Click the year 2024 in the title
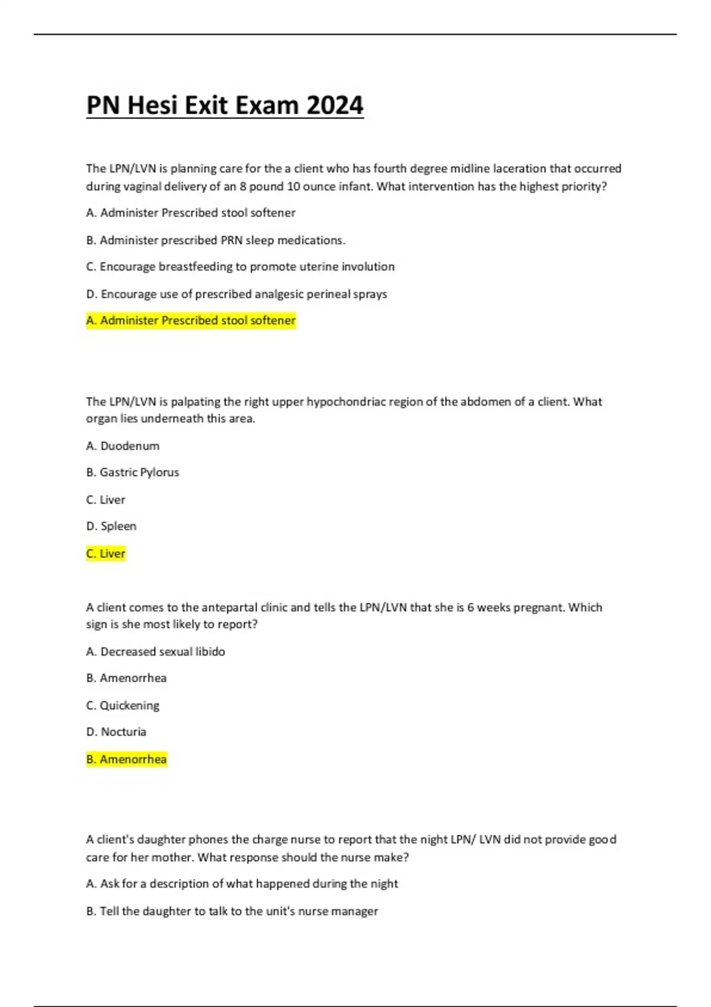(x=335, y=105)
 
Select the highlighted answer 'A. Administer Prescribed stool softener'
(x=191, y=320)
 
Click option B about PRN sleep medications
(x=216, y=240)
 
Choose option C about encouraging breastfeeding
(x=240, y=267)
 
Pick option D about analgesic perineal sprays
(x=236, y=294)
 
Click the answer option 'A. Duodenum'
(x=123, y=445)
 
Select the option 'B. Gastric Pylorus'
(x=133, y=472)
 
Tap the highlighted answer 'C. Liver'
(x=106, y=553)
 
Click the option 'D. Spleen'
(x=111, y=526)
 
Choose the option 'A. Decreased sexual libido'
(x=156, y=652)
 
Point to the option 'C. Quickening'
(x=123, y=705)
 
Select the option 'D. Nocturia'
(x=116, y=732)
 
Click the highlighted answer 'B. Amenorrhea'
(x=127, y=759)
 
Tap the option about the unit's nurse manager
(x=232, y=911)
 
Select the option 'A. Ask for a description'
(x=242, y=884)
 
